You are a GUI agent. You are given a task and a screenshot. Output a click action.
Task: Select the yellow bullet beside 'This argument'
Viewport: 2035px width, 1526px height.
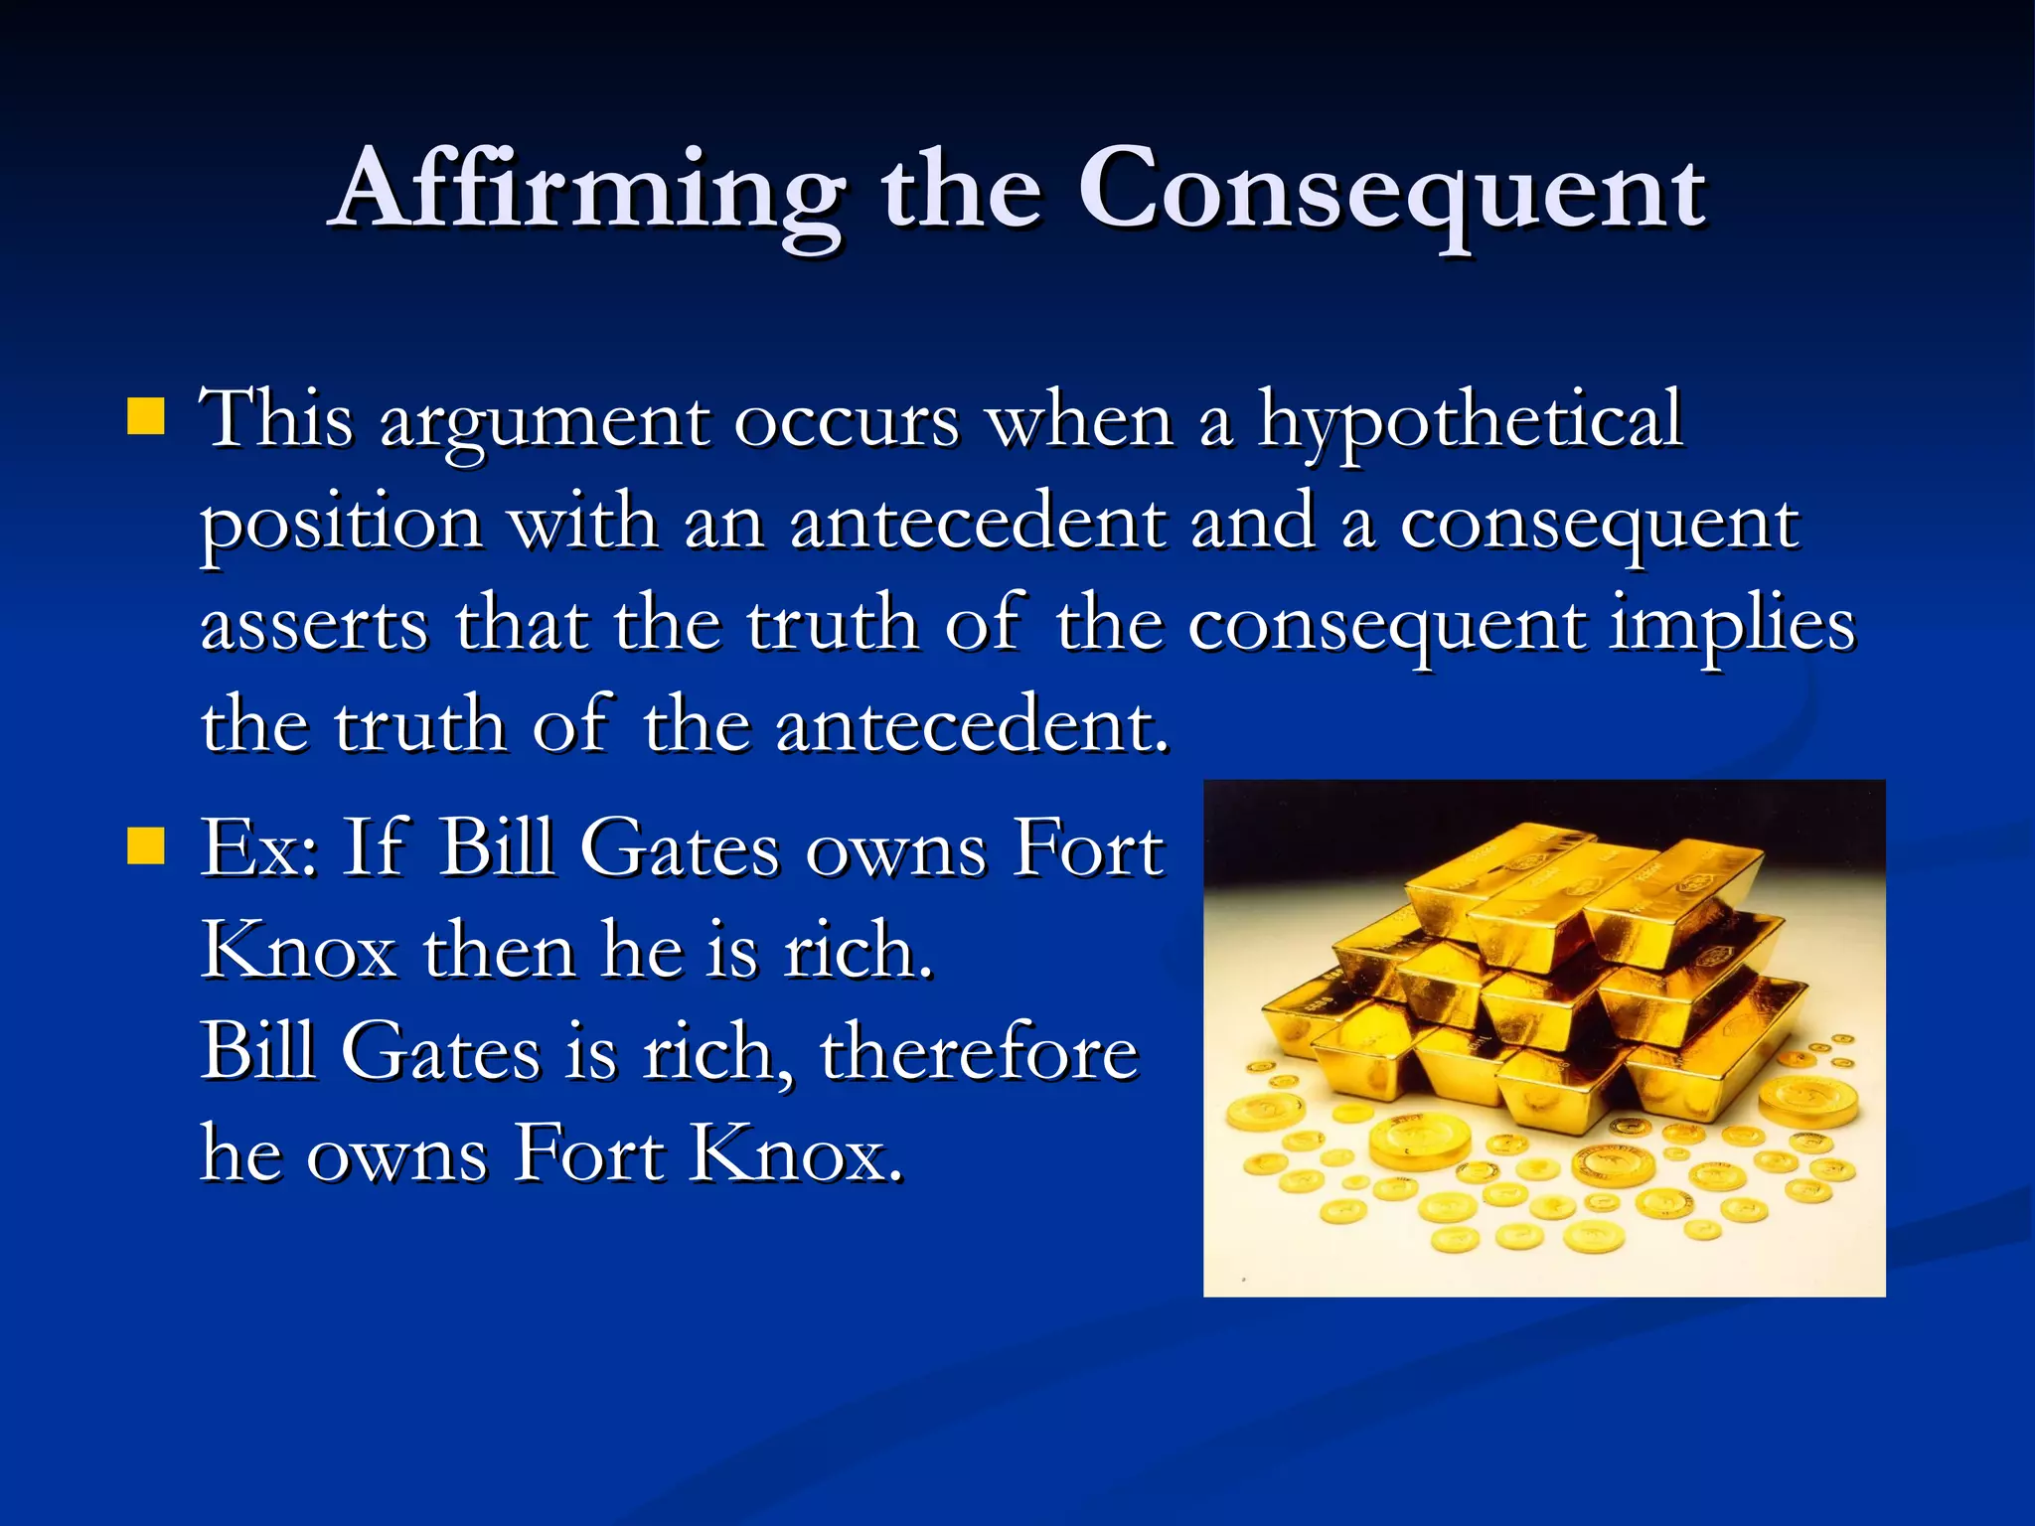click(x=145, y=417)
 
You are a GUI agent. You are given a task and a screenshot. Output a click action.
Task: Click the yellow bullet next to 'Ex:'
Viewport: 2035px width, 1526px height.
click(x=145, y=847)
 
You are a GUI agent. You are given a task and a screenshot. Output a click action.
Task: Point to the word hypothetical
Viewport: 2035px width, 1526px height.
click(x=1471, y=421)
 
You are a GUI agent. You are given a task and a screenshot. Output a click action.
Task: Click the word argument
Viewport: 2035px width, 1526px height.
click(x=545, y=423)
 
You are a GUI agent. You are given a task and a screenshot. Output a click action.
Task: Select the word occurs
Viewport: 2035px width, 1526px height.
click(x=847, y=421)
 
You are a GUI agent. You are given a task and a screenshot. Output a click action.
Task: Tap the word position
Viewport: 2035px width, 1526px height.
click(x=342, y=525)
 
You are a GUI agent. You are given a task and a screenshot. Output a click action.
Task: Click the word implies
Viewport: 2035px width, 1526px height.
click(x=1731, y=626)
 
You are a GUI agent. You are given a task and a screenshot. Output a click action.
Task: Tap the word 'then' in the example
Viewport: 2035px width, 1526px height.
click(x=500, y=950)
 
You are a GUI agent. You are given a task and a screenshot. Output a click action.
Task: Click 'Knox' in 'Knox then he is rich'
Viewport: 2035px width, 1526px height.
click(x=299, y=950)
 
